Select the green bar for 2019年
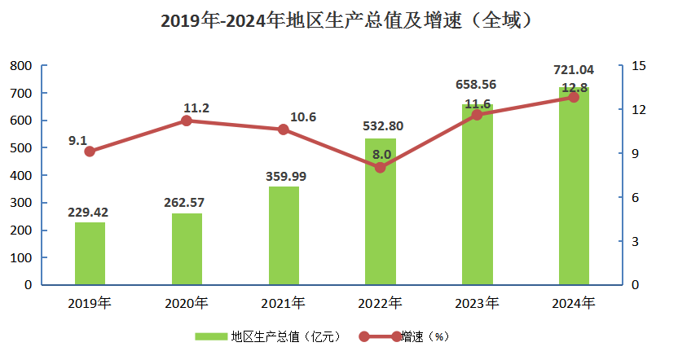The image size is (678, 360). (x=90, y=253)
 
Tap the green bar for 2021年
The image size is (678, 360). (x=284, y=236)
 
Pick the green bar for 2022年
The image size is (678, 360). (x=380, y=212)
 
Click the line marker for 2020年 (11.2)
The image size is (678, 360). (x=186, y=121)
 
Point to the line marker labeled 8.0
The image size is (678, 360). (x=380, y=168)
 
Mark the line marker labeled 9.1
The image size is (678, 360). (x=90, y=151)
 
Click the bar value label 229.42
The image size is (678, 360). (x=89, y=213)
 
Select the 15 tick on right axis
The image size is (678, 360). (x=638, y=65)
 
